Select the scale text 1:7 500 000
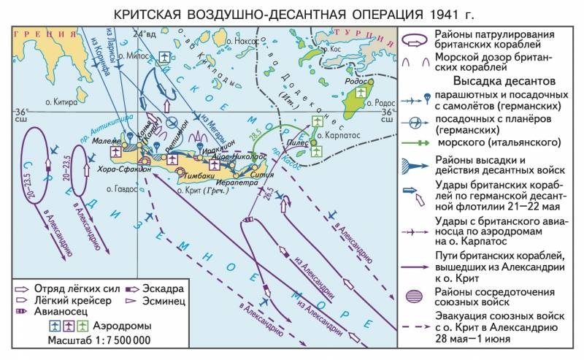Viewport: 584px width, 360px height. (120, 340)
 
